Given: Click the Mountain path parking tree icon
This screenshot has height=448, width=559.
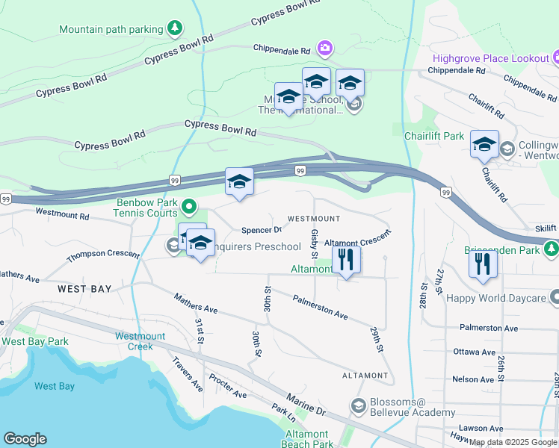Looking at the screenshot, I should point(174,29).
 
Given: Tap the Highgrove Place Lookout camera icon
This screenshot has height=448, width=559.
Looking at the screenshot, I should point(555,57).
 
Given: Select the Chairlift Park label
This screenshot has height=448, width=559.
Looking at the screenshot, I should point(433,136).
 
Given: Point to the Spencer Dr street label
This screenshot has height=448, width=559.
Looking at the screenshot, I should point(261,230).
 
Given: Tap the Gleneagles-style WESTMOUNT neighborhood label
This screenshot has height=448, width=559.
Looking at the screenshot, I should point(314,219).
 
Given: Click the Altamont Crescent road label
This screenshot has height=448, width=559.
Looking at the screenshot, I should point(357,243).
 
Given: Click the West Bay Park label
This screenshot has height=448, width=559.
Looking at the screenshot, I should point(35,341).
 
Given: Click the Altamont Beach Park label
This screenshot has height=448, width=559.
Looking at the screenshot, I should point(308,439).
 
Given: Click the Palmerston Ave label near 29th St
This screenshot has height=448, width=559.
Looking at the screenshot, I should point(321,306).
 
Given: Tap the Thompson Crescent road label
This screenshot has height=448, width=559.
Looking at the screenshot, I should point(102,255).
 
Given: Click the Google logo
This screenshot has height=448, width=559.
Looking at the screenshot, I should point(25,439).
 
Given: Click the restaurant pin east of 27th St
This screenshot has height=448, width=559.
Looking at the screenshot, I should point(483,264).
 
